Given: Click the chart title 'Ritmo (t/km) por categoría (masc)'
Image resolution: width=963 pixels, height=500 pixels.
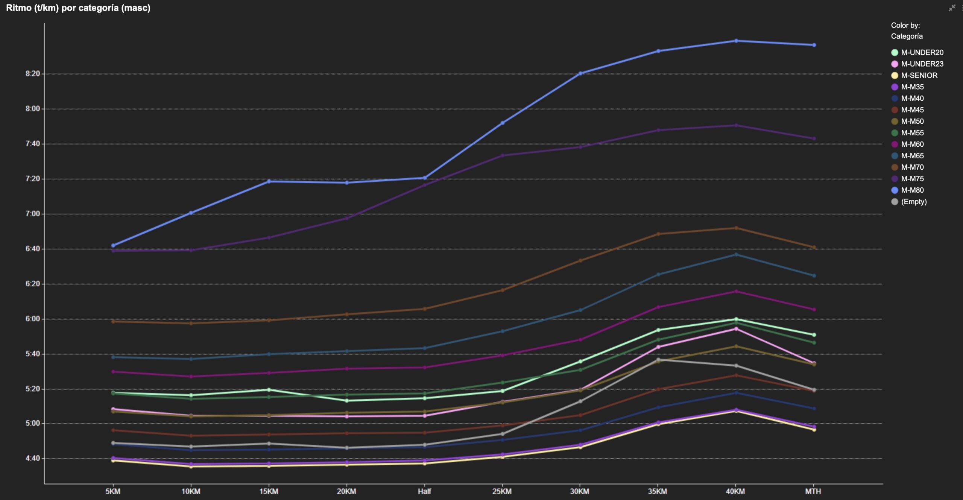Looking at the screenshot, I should click(78, 8).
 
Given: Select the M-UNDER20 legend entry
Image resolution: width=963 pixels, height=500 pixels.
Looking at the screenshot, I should click(922, 52).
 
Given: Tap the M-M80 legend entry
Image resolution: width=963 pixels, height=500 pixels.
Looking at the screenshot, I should click(912, 190).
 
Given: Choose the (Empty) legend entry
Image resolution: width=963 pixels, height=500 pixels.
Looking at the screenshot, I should click(913, 202).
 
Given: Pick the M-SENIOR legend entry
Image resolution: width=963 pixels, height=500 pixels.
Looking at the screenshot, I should click(919, 75).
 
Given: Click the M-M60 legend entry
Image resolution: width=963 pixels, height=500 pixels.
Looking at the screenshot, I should click(912, 144).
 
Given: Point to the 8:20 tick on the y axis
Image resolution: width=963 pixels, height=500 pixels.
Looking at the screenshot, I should click(33, 74).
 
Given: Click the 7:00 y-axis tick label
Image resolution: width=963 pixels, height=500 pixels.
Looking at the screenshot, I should click(33, 214).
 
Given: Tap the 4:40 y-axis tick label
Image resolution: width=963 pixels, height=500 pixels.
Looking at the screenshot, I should click(33, 458).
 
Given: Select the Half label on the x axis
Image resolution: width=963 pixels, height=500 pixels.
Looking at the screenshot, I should click(424, 491).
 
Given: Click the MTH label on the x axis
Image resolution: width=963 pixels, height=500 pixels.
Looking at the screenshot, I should click(813, 491).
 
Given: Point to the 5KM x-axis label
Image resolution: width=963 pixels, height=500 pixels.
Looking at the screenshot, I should click(113, 491).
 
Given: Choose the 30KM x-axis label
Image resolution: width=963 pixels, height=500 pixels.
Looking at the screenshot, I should click(580, 491).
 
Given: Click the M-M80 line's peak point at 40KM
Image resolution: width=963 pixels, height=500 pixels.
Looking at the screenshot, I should click(736, 41).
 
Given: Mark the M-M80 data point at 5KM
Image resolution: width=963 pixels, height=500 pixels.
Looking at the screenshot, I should click(113, 245).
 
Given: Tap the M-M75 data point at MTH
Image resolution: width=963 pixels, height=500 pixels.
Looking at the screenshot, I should click(814, 139).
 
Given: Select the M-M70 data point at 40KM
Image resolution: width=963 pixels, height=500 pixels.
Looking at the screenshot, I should click(736, 228).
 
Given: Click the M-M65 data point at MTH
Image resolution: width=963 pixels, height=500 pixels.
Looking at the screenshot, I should click(814, 276).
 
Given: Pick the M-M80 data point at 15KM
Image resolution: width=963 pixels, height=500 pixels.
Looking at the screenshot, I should click(269, 181).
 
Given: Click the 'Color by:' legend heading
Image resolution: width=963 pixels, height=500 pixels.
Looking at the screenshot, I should click(905, 25).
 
